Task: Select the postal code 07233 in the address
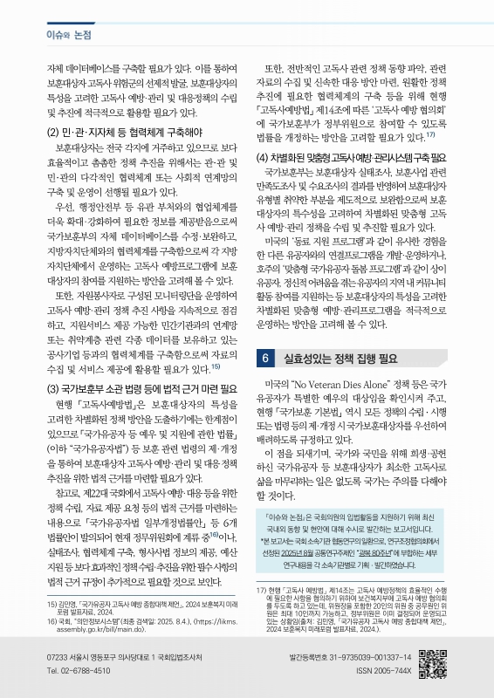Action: (58, 656)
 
